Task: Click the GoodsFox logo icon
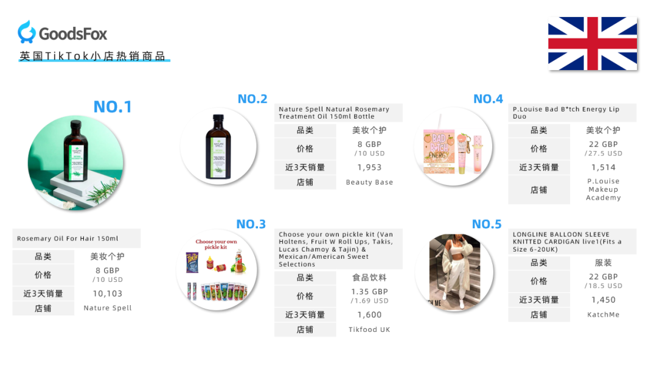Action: (27, 32)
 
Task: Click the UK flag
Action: (593, 43)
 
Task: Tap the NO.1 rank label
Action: (113, 107)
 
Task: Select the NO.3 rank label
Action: (251, 224)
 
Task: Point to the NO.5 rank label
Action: (487, 224)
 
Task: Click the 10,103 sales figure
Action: (108, 293)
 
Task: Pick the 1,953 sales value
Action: (369, 167)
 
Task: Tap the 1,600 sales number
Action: (369, 315)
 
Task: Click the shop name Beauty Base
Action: (369, 182)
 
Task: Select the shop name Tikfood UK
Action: (369, 329)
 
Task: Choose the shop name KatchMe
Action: (603, 315)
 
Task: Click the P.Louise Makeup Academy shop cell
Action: (603, 189)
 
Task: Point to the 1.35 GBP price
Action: (369, 292)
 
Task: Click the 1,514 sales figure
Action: (603, 167)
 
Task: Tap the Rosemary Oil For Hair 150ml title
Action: (68, 239)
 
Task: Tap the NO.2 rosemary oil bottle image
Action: (218, 146)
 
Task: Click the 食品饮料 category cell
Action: (369, 278)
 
